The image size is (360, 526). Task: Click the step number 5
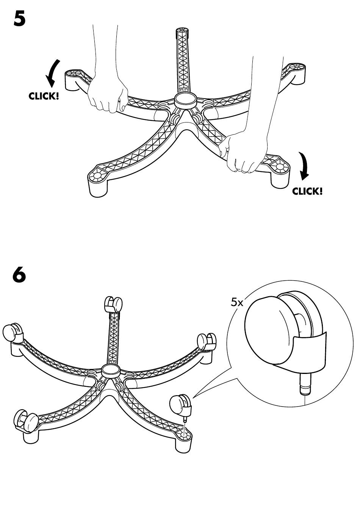tap(19, 19)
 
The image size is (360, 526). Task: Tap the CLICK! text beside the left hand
tap(44, 96)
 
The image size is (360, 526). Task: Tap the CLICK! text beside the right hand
tap(307, 191)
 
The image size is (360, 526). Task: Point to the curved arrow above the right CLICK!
tap(304, 166)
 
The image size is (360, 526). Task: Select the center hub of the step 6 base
tap(111, 371)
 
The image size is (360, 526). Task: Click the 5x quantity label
tap(237, 303)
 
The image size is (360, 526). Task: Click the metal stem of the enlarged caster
tap(305, 386)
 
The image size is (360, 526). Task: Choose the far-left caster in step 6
tap(13, 332)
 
